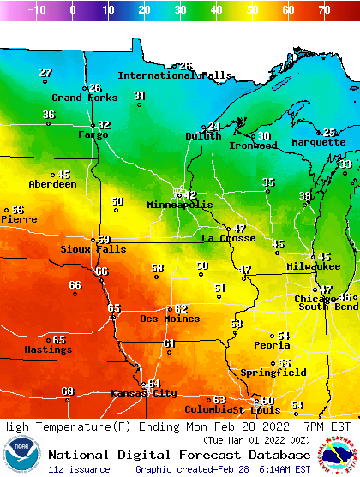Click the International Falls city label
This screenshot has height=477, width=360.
pos(174,75)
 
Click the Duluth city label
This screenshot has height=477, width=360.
pos(203,136)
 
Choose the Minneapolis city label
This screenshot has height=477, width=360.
pos(179,206)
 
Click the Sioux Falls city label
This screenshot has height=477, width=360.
pos(93,249)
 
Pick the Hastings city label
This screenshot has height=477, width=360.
pos(48,349)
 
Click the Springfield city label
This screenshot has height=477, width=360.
pos(273,373)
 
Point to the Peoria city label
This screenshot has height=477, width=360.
pos(272,345)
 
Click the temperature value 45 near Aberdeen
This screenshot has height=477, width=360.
pos(64,175)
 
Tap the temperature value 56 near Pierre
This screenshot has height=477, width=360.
pos(17,210)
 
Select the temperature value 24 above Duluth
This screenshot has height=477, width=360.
pos(214,127)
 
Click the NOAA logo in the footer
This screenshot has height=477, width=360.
pos(22,455)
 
